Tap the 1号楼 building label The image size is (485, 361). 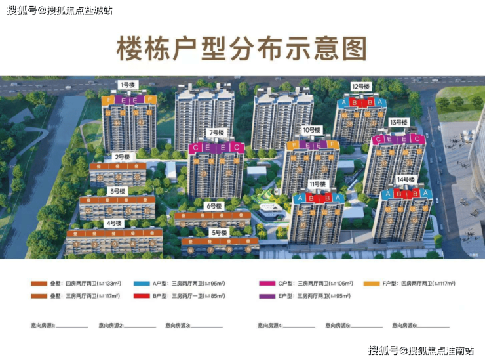pyautogui.click(x=126, y=85)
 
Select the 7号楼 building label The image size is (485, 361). pyautogui.click(x=217, y=133)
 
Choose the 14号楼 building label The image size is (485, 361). pyautogui.click(x=406, y=179)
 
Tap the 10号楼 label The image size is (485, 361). pyautogui.click(x=312, y=129)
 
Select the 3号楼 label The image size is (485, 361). pyautogui.click(x=118, y=191)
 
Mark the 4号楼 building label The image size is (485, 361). pyautogui.click(x=113, y=223)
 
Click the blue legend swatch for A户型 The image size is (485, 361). pyautogui.click(x=142, y=284)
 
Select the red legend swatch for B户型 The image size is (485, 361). pyautogui.click(x=142, y=297)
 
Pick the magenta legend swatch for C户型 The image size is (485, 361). pyautogui.click(x=267, y=284)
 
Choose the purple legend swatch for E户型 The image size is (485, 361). pyautogui.click(x=267, y=297)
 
